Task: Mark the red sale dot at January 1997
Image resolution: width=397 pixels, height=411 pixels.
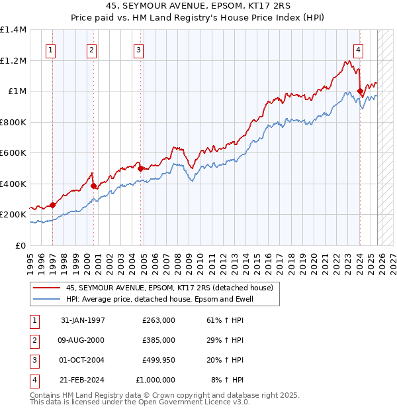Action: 53,206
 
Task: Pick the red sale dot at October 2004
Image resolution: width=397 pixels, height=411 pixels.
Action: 140,169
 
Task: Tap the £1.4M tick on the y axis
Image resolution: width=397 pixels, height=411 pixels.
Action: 13,30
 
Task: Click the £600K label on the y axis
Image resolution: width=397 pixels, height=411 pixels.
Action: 13,153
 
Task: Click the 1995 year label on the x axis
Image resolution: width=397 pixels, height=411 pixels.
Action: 30,259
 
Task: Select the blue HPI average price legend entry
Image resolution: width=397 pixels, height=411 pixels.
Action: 159,299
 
